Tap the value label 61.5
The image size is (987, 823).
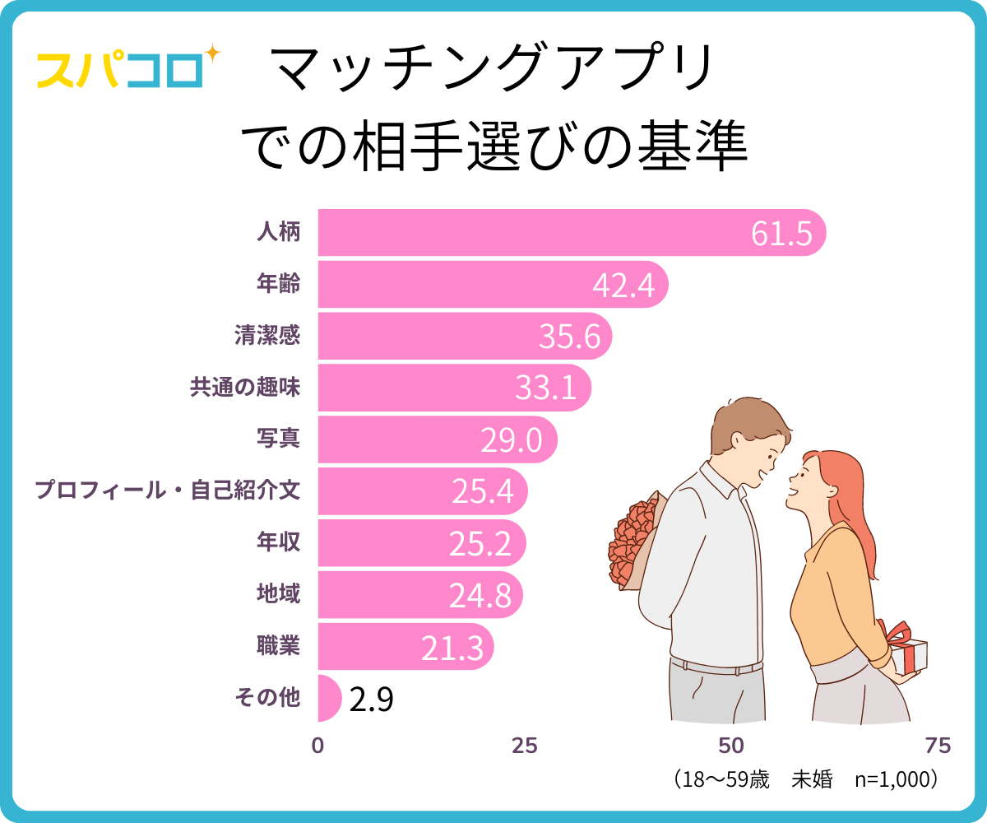(781, 234)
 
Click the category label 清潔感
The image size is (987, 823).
(267, 336)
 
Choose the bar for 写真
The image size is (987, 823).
(436, 439)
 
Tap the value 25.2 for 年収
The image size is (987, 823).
(480, 543)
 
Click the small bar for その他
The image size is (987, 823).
(328, 698)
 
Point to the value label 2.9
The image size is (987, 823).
(371, 700)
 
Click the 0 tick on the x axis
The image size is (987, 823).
(318, 746)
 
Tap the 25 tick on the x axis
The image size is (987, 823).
(525, 746)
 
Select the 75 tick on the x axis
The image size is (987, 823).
(938, 746)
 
